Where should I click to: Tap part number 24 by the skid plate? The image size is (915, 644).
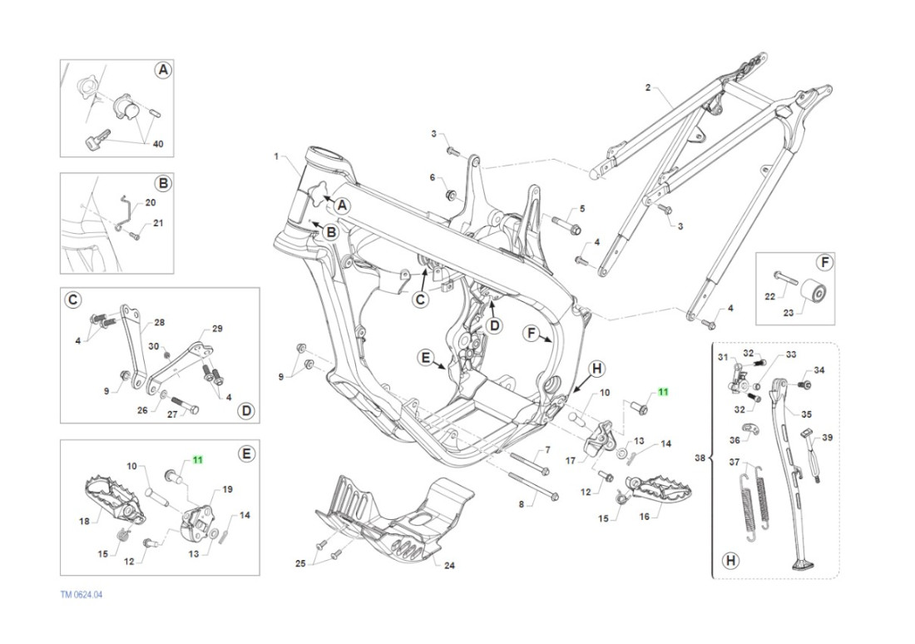pyautogui.click(x=449, y=566)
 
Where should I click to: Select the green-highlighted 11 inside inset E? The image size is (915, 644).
pyautogui.click(x=198, y=459)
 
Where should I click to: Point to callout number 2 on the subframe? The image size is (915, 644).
pyautogui.click(x=648, y=87)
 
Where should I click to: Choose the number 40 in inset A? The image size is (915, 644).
pyautogui.click(x=158, y=144)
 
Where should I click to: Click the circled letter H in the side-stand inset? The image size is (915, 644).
pyautogui.click(x=730, y=560)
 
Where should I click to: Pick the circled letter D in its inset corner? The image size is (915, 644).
pyautogui.click(x=245, y=410)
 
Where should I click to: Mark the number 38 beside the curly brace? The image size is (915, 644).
pyautogui.click(x=701, y=458)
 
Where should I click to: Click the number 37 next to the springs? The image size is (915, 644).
pyautogui.click(x=734, y=462)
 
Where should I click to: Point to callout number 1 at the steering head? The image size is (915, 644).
pyautogui.click(x=276, y=156)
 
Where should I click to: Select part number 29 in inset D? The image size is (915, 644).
pyautogui.click(x=218, y=329)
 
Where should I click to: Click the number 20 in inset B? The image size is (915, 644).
pyautogui.click(x=150, y=202)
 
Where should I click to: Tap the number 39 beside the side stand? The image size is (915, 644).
pyautogui.click(x=827, y=437)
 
